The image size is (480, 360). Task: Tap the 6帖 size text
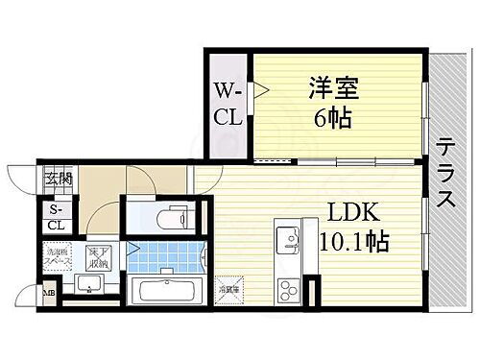click(x=330, y=118)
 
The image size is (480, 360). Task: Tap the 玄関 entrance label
click(x=55, y=178)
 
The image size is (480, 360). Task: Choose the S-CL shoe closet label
click(x=56, y=218)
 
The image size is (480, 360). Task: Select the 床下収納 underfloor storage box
click(x=97, y=258)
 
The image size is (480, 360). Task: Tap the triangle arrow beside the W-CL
click(x=259, y=91)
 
